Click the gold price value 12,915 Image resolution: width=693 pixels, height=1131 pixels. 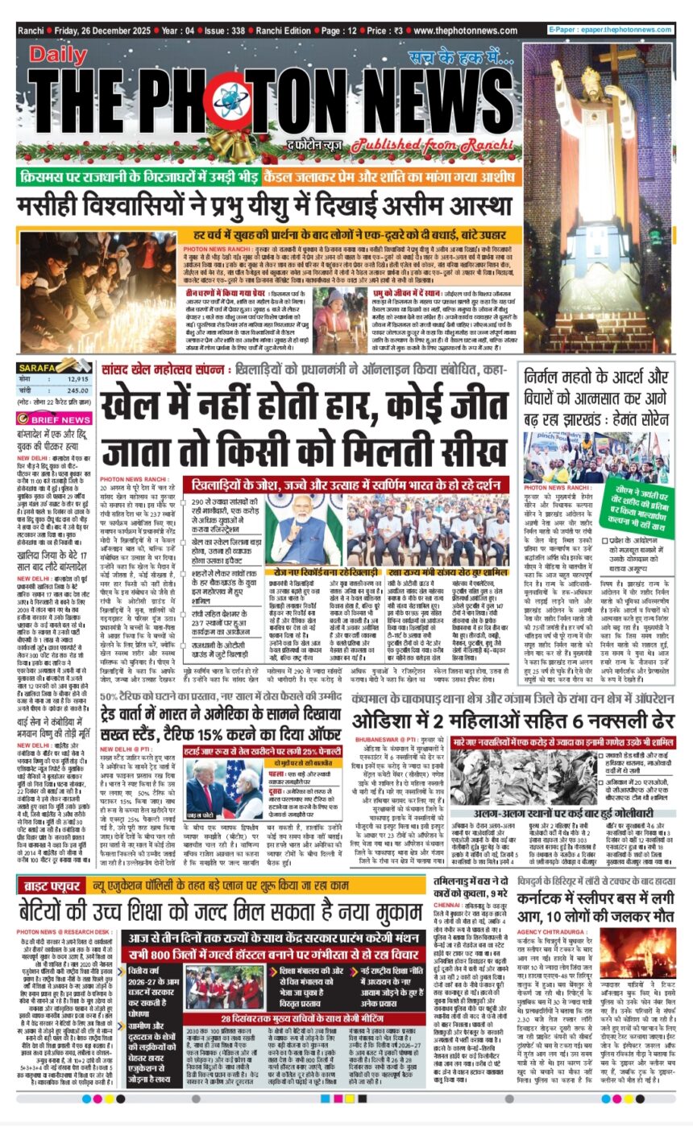coord(77,378)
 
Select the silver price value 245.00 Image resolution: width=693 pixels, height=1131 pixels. coord(77,390)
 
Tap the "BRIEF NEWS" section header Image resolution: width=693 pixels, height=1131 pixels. coord(59,419)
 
